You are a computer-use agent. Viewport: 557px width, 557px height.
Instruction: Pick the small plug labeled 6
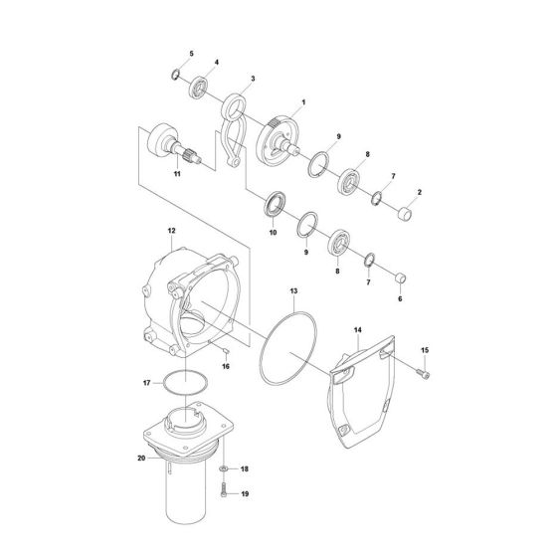coord(401,277)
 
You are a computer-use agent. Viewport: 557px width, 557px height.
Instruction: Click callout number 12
coord(171,232)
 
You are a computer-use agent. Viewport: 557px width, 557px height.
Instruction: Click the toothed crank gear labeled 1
coord(277,137)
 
